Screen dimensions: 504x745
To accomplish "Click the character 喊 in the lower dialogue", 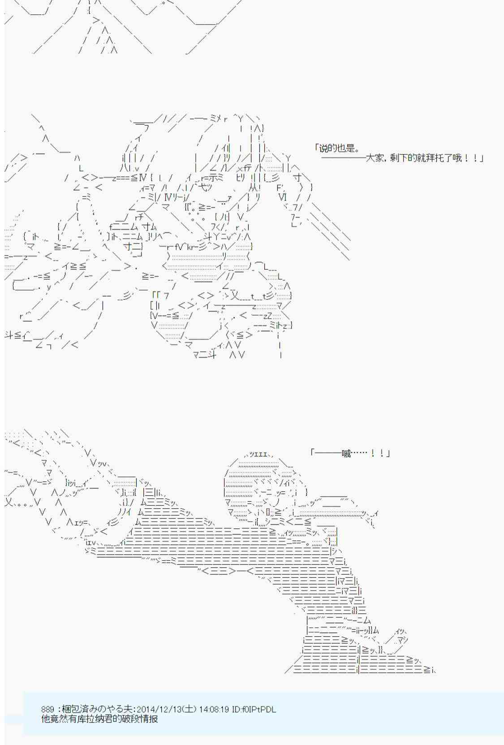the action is pos(346,453).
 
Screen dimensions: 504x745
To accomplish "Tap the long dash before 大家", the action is pos(343,158).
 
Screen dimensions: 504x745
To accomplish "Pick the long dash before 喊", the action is pos(328,453).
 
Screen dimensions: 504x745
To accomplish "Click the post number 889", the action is pos(47,709).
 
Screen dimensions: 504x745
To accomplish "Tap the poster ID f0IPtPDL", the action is pos(258,709).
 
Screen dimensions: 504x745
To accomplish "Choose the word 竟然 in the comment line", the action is pos(58,719).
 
